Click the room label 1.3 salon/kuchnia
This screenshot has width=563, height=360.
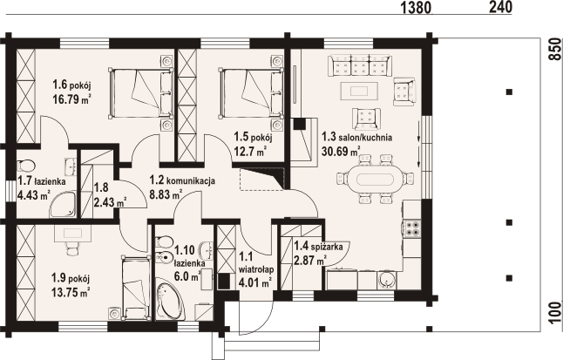(356, 137)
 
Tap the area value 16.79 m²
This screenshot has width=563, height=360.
(71, 99)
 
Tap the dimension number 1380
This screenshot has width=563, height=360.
(416, 9)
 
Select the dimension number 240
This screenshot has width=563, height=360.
(500, 8)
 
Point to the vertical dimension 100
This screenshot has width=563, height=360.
(553, 313)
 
